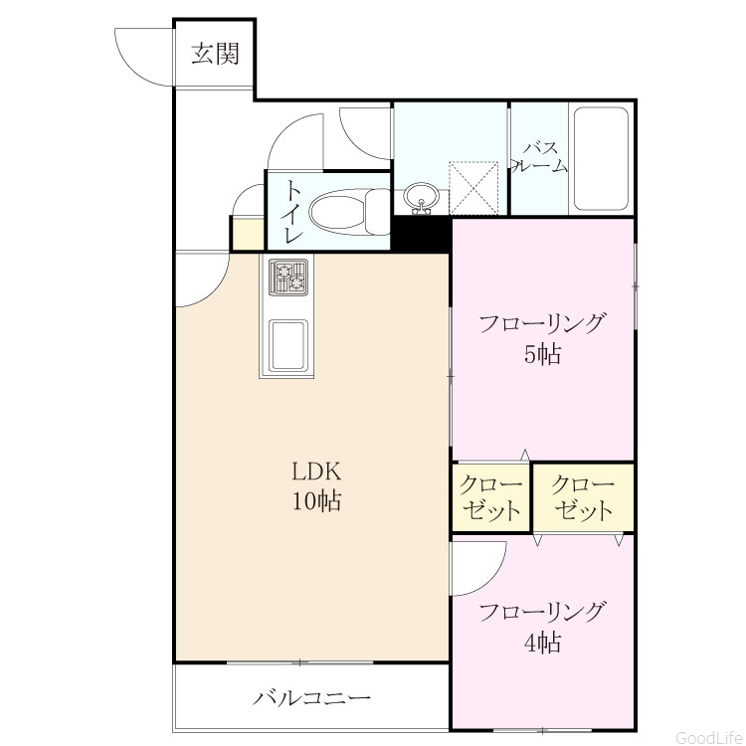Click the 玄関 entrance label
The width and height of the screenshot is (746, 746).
coord(215,54)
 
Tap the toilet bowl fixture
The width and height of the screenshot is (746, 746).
coord(350,212)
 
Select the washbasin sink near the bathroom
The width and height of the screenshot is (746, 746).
coord(420,198)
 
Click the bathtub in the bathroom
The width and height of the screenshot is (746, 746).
coord(601,159)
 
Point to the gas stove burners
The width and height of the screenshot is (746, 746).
coord(288,277)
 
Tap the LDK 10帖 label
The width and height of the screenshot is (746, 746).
coord(316,486)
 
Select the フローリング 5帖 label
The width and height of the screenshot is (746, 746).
coord(543,338)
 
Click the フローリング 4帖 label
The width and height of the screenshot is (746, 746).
coord(543,627)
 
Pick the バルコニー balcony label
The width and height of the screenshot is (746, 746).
coord(311,698)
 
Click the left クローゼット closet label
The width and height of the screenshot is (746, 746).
coord(490,497)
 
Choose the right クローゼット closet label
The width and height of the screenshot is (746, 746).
coord(583,497)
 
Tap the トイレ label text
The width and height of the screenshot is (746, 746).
coord(292,212)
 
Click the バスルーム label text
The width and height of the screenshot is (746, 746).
coord(540,157)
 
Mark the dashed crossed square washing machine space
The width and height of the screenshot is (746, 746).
coord(473,188)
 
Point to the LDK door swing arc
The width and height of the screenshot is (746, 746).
coord(214,291)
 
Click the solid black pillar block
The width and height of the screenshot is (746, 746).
coord(421,234)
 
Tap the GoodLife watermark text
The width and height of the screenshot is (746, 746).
coord(710,737)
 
